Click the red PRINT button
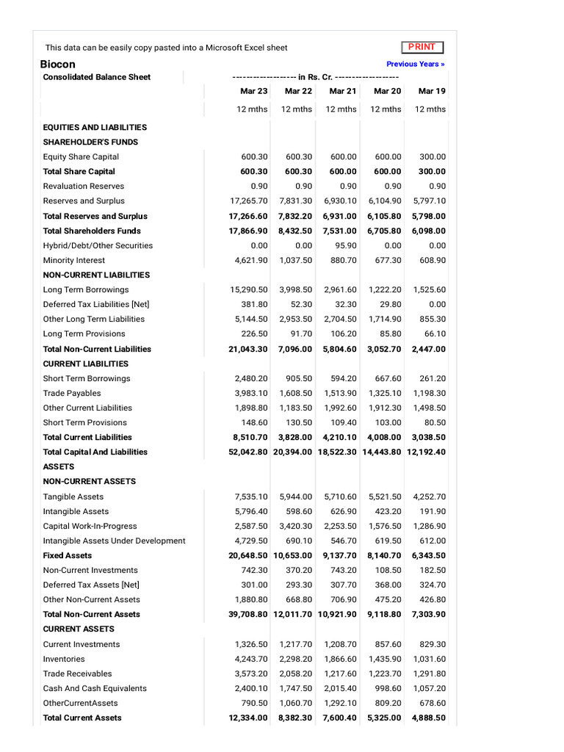422,47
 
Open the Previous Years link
415,64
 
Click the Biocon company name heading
57,64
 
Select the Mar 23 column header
254,91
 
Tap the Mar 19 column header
431,91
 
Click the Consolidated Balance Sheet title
97,77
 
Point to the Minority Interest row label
74,260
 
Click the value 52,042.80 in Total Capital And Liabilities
248,452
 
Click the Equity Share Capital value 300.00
433,156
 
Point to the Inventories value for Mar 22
296,659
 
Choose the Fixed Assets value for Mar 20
384,555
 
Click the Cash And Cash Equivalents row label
95,688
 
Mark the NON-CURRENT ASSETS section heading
90,481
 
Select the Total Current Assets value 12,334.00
248,717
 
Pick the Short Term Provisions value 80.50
434,422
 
